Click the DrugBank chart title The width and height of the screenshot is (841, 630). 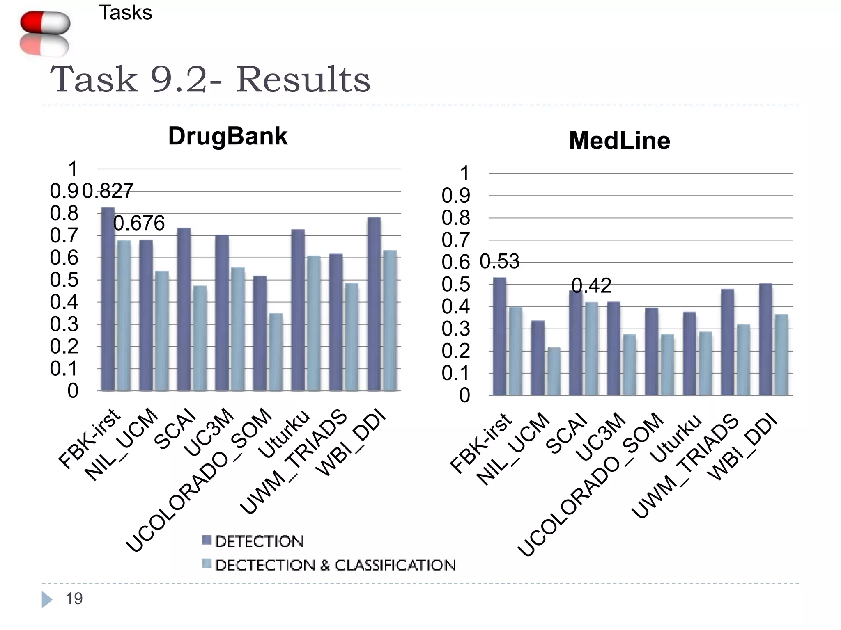[227, 136]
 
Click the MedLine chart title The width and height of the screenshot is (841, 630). [619, 141]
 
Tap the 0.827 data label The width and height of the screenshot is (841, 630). [108, 191]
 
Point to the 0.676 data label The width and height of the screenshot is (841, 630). [139, 224]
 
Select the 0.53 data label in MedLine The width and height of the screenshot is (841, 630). [499, 262]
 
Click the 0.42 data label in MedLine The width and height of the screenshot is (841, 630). [591, 285]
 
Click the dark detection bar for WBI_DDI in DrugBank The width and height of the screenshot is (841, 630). [374, 304]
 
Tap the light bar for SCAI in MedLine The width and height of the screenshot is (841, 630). [591, 349]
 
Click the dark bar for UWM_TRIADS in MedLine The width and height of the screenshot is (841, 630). [727, 342]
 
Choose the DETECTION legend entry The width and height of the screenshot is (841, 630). [253, 541]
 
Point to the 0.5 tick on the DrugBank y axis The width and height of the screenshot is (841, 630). [64, 280]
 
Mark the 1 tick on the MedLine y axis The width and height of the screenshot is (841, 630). [464, 173]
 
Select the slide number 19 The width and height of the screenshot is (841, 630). [74, 599]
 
